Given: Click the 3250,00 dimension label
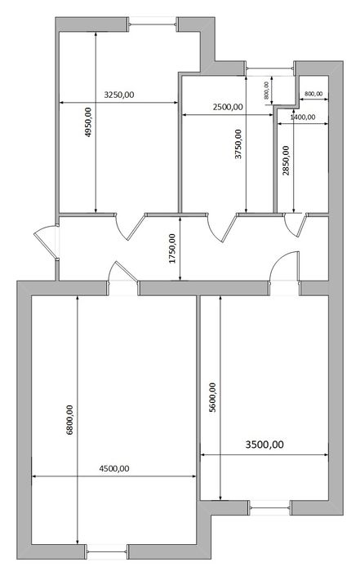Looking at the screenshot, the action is click(119, 95).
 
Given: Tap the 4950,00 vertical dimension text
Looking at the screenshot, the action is click(88, 122).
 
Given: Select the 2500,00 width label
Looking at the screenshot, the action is click(228, 107).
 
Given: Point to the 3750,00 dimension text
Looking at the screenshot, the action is click(238, 144).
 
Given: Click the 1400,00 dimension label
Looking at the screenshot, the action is click(303, 117).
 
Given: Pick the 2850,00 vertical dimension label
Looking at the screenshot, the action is click(286, 161).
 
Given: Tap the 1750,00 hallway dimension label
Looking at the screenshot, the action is click(172, 249).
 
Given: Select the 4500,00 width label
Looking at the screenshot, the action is click(114, 469).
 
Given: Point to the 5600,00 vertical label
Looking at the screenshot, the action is click(212, 397).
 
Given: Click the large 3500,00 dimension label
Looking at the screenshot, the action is click(264, 445).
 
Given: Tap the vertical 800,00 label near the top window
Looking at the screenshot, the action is click(266, 91).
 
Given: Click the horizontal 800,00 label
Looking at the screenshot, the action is click(313, 94).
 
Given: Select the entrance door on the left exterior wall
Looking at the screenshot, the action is click(46, 242).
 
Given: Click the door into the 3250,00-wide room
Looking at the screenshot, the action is click(129, 227).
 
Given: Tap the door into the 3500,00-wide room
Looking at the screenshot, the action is click(285, 267).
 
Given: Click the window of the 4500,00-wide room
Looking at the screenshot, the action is click(107, 552).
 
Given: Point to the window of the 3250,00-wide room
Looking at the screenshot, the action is click(153, 24).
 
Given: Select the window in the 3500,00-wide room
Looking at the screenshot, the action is click(269, 507).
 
